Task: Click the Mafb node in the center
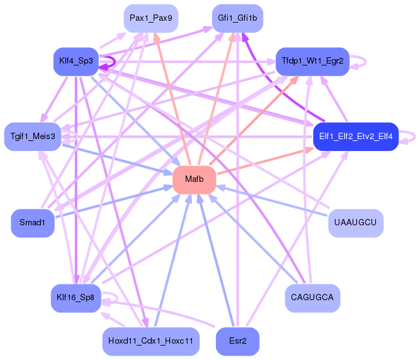point(195,180)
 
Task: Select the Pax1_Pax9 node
point(151,18)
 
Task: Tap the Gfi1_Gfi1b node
point(237,18)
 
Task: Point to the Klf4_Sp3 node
point(76,62)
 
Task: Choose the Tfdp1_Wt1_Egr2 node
point(312,62)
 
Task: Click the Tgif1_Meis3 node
point(33,137)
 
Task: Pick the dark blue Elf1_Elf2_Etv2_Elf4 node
point(356,137)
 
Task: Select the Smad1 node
point(33,223)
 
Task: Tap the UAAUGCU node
point(356,223)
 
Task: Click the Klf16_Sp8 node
point(76,298)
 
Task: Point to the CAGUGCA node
point(312,298)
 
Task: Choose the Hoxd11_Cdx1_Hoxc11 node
point(151,341)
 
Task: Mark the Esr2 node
point(237,341)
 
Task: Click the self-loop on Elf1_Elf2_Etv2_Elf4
point(415,137)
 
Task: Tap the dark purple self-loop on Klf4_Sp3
point(115,62)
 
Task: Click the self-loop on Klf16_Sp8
point(117,298)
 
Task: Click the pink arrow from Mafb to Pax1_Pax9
point(172,99)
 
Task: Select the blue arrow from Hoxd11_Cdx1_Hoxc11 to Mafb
point(172,261)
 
